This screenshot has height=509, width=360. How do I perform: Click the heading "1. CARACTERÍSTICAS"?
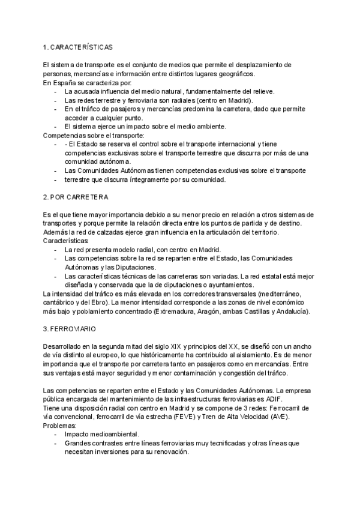coord(78,46)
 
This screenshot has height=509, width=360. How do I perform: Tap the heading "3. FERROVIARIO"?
coord(70,330)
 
